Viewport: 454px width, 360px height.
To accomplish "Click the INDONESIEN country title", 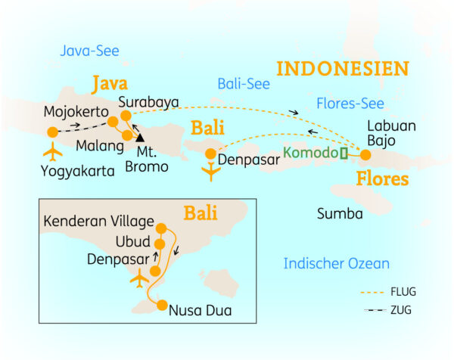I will (342, 68).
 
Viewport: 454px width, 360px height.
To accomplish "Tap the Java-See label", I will (89, 51).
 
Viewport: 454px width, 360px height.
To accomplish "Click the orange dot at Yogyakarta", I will (52, 132).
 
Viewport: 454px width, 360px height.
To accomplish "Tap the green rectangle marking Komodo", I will (344, 154).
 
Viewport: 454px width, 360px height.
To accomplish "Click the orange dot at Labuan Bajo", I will (365, 155).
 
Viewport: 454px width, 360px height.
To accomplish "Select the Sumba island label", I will (340, 214).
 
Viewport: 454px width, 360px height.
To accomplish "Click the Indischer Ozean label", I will (336, 263).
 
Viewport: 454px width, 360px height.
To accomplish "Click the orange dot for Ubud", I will (160, 244).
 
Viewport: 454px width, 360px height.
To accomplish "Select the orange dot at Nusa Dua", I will (161, 306).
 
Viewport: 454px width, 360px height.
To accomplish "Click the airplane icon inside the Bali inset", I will (138, 281).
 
